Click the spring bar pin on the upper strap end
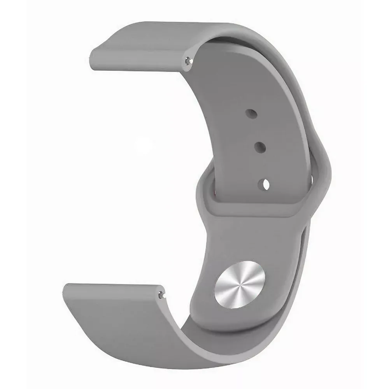pyautogui.click(x=189, y=60)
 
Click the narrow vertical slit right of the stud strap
pyautogui.click(x=305, y=241)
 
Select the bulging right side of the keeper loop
pyautogui.click(x=323, y=171)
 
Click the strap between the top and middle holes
pyautogui.click(x=255, y=130)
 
